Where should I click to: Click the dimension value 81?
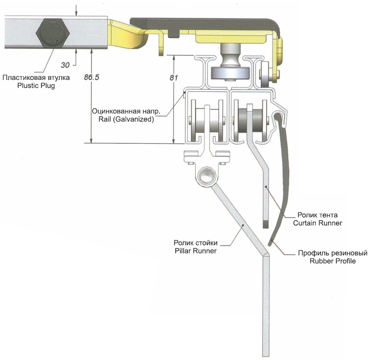tap(174, 77)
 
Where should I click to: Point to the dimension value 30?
tap(65, 65)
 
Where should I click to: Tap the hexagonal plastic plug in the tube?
tap(52, 32)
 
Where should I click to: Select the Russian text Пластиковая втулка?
tap(36, 78)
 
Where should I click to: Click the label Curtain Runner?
tap(317, 223)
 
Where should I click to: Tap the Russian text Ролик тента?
tap(317, 215)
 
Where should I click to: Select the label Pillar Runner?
tap(195, 251)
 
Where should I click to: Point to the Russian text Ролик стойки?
tap(195, 243)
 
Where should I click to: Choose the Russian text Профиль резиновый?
tap(332, 253)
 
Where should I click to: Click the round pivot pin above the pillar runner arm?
tap(206, 175)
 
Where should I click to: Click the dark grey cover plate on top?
tap(204, 22)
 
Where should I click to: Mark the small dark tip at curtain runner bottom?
tap(265, 223)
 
